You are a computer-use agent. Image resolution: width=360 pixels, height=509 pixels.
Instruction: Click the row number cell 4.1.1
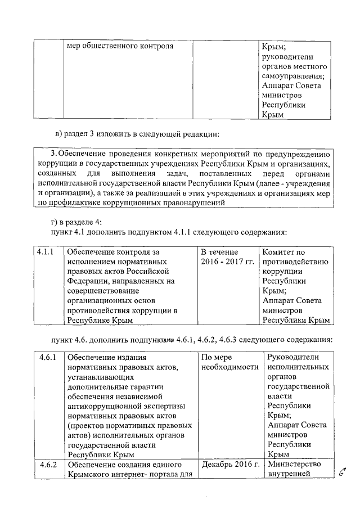pyautogui.click(x=45, y=253)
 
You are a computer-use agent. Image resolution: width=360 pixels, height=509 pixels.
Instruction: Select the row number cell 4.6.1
pyautogui.click(x=48, y=357)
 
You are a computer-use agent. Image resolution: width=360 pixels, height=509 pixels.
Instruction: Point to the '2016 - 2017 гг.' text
pyautogui.click(x=227, y=263)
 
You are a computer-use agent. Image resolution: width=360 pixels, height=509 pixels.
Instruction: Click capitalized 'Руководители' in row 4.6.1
pyautogui.click(x=293, y=357)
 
